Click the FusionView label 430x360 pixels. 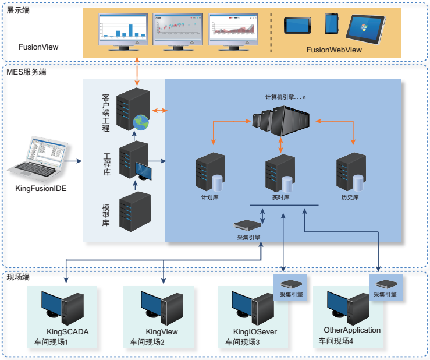[x=38, y=47]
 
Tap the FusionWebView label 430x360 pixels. [x=334, y=50]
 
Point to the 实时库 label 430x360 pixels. [x=280, y=197]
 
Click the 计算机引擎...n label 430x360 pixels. [x=285, y=96]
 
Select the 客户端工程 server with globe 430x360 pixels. [x=132, y=111]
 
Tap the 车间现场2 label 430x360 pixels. [x=147, y=342]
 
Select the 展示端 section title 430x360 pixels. [x=18, y=10]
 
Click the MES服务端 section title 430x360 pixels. [x=26, y=72]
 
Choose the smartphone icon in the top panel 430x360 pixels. [x=331, y=23]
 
